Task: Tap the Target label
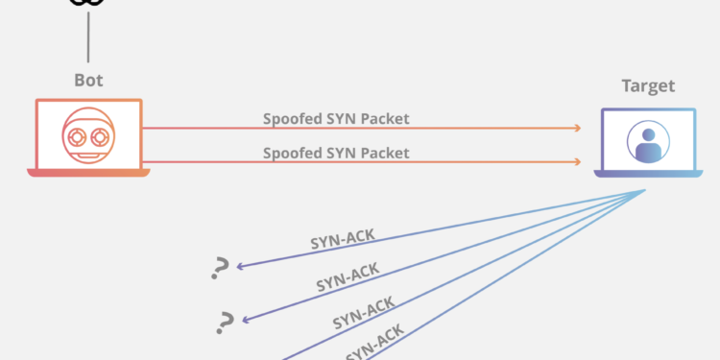(x=648, y=86)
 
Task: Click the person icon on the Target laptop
(x=648, y=142)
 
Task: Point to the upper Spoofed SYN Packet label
(x=336, y=119)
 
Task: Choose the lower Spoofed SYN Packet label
(x=336, y=153)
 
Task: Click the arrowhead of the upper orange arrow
(x=578, y=128)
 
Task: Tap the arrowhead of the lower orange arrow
(x=578, y=161)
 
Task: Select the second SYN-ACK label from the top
(x=348, y=278)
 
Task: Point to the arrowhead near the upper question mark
(x=239, y=266)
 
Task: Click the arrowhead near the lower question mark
(x=246, y=319)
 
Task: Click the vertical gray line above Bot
(x=88, y=38)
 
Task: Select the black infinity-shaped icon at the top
(x=88, y=4)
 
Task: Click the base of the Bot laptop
(x=88, y=173)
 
